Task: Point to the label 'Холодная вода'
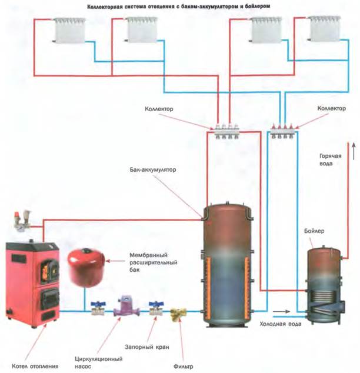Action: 279,324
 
